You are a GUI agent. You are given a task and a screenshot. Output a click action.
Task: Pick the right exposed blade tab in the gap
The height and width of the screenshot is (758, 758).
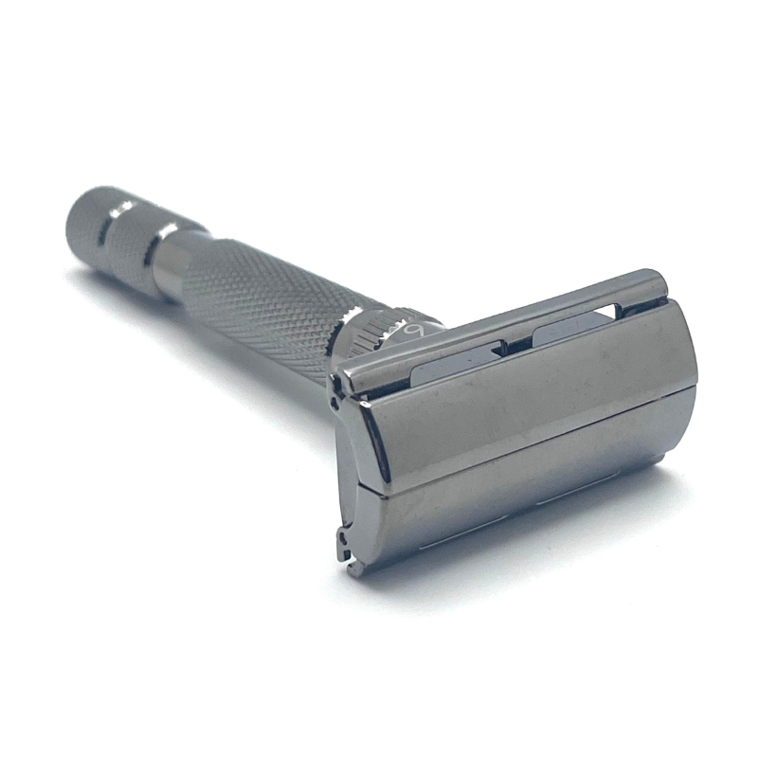pyautogui.click(x=568, y=327)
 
